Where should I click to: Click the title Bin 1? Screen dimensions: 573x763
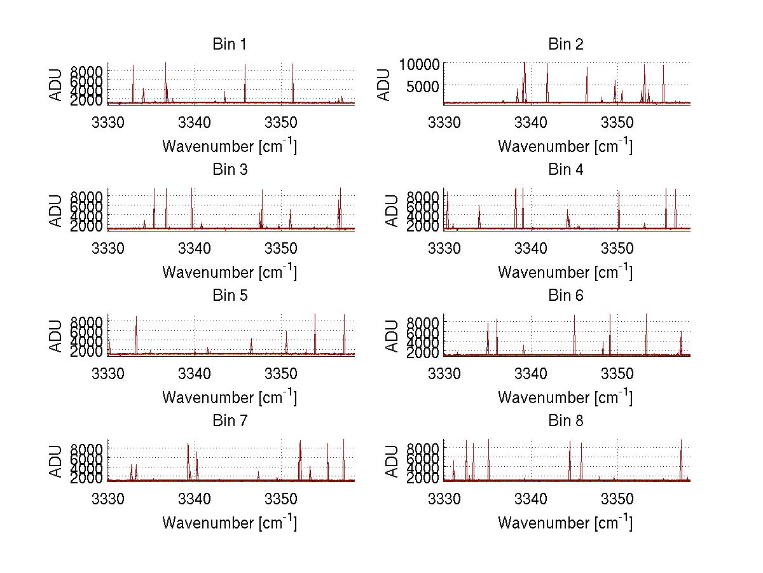(229, 44)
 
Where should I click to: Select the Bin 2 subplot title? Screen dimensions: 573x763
(565, 44)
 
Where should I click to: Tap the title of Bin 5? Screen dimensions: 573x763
(229, 295)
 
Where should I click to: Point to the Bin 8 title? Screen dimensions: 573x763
(565, 420)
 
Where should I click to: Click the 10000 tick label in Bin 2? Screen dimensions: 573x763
(419, 64)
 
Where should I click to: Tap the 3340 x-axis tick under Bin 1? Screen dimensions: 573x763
(195, 120)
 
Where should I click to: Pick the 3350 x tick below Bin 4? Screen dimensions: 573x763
(617, 245)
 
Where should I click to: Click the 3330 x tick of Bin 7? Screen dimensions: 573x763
(108, 497)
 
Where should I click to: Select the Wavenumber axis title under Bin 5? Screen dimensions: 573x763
(230, 397)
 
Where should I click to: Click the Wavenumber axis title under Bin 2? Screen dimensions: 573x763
(565, 146)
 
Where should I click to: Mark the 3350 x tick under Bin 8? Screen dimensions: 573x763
(617, 497)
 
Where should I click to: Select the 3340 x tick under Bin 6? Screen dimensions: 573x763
(530, 371)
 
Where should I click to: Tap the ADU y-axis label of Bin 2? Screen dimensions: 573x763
(384, 83)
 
